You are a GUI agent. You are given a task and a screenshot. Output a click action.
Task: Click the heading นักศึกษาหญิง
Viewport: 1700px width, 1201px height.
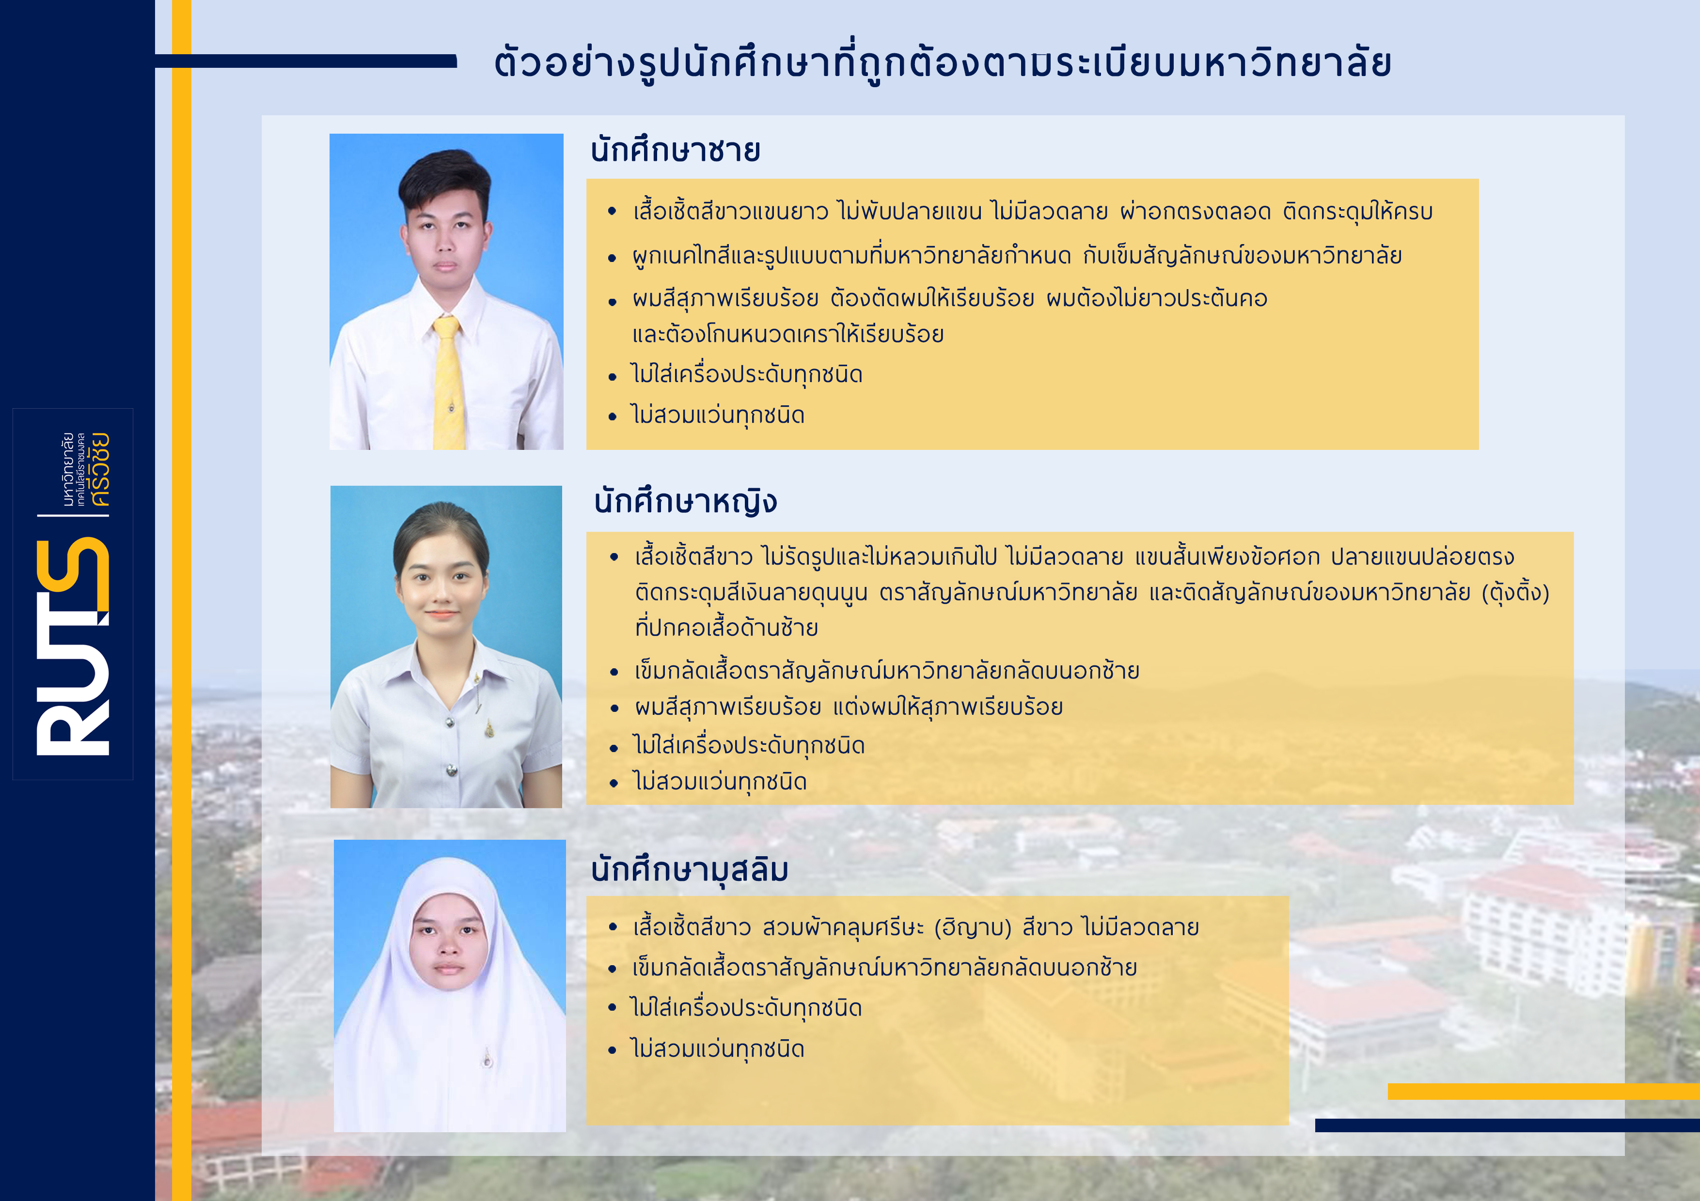pos(685,502)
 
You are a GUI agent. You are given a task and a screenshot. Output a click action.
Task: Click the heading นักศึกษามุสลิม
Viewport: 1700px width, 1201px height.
pos(689,869)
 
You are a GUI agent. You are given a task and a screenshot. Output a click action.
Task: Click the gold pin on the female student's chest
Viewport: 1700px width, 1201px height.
pos(488,730)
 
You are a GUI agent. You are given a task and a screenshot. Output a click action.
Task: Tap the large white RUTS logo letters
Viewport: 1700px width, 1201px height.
pos(73,647)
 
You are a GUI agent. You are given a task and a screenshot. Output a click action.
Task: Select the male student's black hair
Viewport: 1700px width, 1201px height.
pos(445,178)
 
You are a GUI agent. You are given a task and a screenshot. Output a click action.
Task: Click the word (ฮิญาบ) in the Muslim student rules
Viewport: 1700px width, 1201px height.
pos(972,927)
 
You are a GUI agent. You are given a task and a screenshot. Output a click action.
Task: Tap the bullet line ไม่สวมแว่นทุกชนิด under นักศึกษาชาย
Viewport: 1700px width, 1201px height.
pos(718,415)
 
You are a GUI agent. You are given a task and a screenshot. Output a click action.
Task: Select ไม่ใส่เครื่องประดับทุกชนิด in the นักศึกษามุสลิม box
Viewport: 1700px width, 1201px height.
pos(746,1008)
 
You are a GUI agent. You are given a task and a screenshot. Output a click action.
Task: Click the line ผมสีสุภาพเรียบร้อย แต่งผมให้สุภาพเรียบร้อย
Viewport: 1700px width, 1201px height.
pos(849,708)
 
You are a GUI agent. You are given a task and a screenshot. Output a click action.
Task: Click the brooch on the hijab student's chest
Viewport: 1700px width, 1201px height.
pos(487,1059)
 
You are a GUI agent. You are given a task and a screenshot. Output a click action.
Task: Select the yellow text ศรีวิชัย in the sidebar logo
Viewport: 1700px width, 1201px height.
pos(98,469)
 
